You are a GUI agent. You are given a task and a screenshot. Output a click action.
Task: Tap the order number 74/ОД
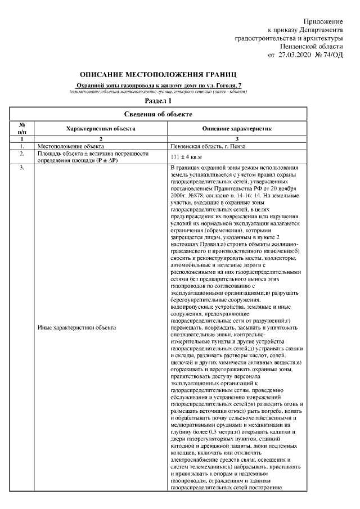[x=331, y=56]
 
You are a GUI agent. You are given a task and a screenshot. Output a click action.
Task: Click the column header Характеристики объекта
[x=100, y=128]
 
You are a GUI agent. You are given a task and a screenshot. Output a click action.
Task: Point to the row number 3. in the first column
[x=21, y=168]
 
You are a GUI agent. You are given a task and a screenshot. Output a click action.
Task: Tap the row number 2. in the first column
[x=21, y=153]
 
